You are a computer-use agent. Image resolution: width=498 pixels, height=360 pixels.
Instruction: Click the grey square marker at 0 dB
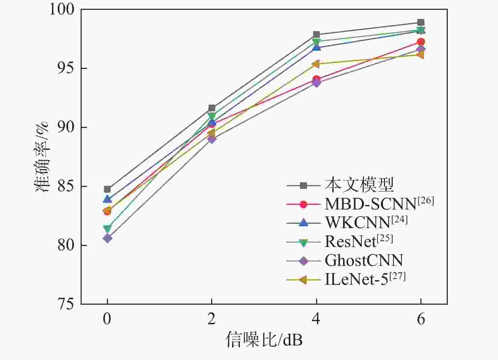point(107,189)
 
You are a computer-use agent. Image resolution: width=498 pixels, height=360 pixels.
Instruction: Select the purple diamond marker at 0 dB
point(107,239)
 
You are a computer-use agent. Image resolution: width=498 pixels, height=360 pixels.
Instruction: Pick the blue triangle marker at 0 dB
point(107,199)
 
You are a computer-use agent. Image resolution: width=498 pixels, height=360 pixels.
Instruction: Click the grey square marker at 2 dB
point(212,108)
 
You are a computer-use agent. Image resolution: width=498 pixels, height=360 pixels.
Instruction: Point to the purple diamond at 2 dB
point(212,139)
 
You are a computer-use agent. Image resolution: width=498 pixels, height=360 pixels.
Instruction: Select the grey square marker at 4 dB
point(316,35)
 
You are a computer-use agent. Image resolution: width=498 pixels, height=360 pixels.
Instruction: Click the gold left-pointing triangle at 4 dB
point(316,64)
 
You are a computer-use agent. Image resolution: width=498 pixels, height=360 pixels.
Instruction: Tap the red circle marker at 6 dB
point(421,42)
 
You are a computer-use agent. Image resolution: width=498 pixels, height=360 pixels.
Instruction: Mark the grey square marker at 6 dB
point(421,23)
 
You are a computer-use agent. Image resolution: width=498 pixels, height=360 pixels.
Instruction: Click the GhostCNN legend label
point(364,260)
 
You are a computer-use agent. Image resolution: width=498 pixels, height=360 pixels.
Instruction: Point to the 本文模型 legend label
point(359,185)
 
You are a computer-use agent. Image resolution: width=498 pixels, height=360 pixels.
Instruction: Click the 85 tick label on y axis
point(65,186)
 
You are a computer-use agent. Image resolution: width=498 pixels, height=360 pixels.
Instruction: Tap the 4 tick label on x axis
point(316,319)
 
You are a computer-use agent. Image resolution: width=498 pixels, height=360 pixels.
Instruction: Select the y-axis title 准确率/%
point(42,157)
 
